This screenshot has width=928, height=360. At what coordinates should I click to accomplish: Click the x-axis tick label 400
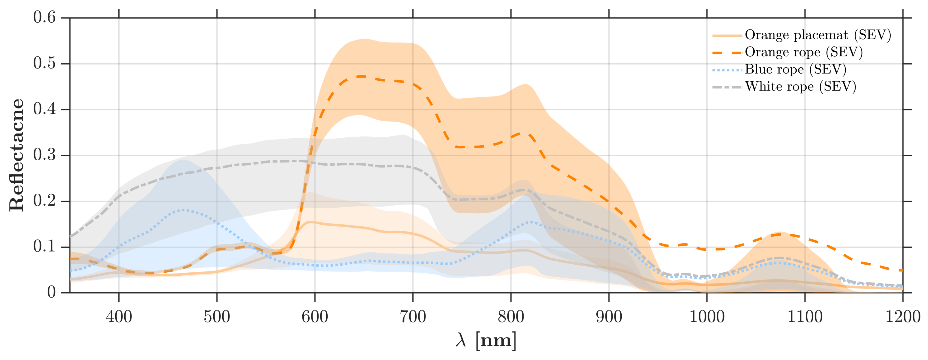[119, 317]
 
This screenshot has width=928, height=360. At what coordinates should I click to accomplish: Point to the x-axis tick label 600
[315, 317]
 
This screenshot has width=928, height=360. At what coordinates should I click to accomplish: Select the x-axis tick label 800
[511, 317]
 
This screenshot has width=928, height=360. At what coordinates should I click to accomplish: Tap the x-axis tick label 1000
[707, 317]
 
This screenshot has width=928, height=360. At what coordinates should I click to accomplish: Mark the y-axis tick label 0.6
[44, 17]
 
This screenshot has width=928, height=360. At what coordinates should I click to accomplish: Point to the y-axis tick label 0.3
[44, 155]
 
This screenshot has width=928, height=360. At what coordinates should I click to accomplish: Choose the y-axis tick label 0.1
[44, 247]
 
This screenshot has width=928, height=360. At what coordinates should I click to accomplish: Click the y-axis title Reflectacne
[17, 155]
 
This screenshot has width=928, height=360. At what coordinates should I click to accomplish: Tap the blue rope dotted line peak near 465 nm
[183, 210]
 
